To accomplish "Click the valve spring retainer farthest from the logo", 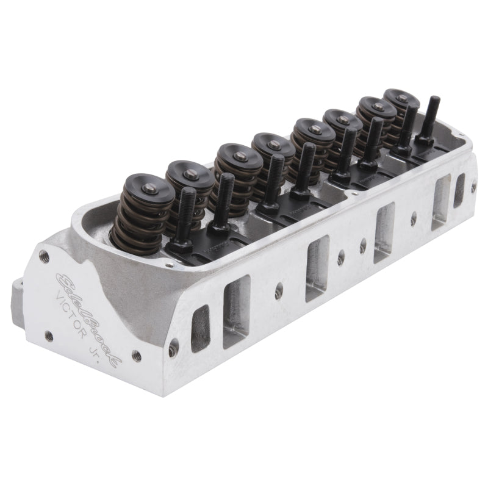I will [x=400, y=98].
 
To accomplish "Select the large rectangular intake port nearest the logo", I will [x=237, y=312].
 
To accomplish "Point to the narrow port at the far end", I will [x=458, y=190].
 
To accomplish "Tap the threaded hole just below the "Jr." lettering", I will [x=137, y=356].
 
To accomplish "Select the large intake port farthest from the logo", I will [x=441, y=201].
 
